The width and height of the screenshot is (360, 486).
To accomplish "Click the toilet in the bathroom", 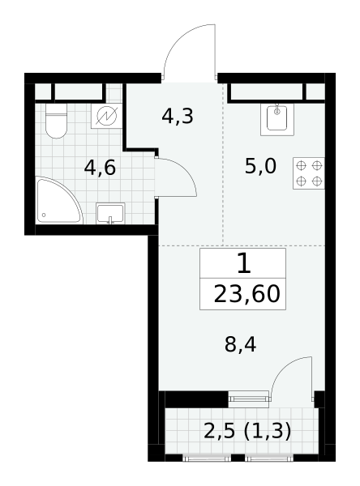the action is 56,121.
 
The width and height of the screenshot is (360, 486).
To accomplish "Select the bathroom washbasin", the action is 110,213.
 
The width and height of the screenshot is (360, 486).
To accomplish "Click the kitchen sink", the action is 277,119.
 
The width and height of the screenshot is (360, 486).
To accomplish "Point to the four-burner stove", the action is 309,173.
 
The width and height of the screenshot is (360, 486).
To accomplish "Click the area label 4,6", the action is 100,168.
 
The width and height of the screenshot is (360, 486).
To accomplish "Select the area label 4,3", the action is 178,116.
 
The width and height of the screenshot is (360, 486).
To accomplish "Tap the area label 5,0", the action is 260,166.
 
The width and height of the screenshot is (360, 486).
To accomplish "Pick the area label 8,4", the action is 240,344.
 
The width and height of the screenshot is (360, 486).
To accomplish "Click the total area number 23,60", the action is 247,294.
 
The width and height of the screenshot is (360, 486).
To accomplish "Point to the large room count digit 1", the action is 243,262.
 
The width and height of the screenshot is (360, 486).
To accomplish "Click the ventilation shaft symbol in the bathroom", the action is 107,116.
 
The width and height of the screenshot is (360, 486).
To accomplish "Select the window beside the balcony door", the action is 249,399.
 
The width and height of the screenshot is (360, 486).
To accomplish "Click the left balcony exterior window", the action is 207,458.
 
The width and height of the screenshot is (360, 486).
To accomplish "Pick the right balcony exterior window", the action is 269,458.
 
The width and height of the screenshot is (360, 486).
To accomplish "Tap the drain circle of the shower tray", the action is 44,215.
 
